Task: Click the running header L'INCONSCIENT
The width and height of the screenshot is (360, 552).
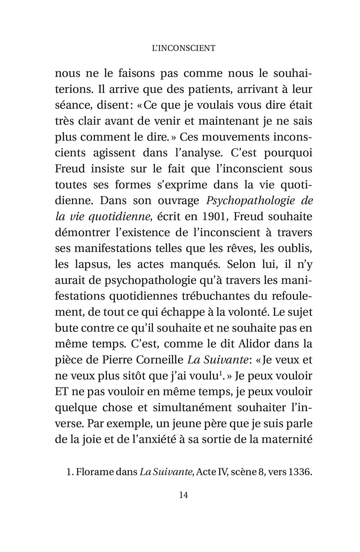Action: (184, 48)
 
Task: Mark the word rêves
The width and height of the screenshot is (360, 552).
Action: (246, 248)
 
